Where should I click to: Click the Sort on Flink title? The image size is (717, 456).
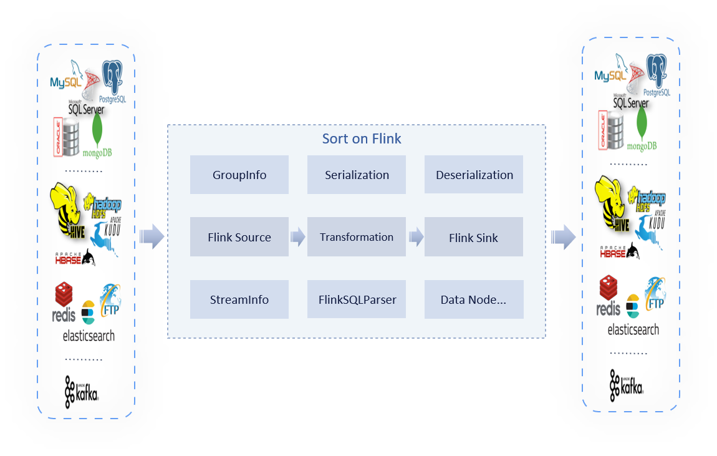click(362, 138)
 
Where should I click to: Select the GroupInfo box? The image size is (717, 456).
click(239, 175)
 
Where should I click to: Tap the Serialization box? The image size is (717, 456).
click(357, 175)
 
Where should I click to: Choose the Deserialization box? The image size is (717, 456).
click(474, 175)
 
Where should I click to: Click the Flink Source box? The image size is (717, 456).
click(239, 237)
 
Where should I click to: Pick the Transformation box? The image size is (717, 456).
click(357, 237)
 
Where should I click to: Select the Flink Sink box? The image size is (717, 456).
click(474, 237)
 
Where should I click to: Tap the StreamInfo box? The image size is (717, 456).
click(239, 299)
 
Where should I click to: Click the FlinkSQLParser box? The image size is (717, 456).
click(357, 299)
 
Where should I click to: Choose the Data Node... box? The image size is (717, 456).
click(474, 299)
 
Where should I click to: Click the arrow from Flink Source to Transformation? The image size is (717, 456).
click(297, 237)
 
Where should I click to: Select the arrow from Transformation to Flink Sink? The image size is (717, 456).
click(416, 237)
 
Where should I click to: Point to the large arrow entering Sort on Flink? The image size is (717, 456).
click(152, 237)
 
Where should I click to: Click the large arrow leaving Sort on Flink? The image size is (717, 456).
click(563, 237)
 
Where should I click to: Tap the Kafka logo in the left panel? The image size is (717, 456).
click(82, 390)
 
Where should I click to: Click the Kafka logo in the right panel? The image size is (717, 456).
click(627, 384)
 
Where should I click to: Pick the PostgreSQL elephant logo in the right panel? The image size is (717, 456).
click(657, 75)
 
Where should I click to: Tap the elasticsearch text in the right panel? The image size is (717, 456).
click(633, 329)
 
